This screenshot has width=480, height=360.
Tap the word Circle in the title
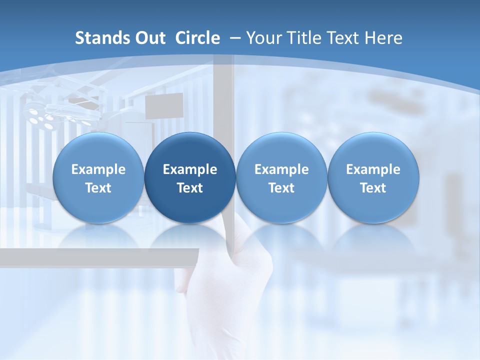point(197,38)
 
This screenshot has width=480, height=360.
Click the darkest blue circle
point(190,178)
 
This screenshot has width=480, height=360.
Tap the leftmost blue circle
point(98,178)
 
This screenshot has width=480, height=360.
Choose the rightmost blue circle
point(373,178)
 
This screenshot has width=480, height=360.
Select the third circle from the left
point(281,178)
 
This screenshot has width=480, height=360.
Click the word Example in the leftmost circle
point(98,169)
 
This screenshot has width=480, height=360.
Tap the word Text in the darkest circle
point(190,188)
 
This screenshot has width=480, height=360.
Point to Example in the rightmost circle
point(373,169)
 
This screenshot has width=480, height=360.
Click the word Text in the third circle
point(281,188)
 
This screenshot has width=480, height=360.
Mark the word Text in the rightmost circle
point(373,188)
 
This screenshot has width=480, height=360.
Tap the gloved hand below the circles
point(230,290)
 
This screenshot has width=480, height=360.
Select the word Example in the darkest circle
point(190,169)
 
